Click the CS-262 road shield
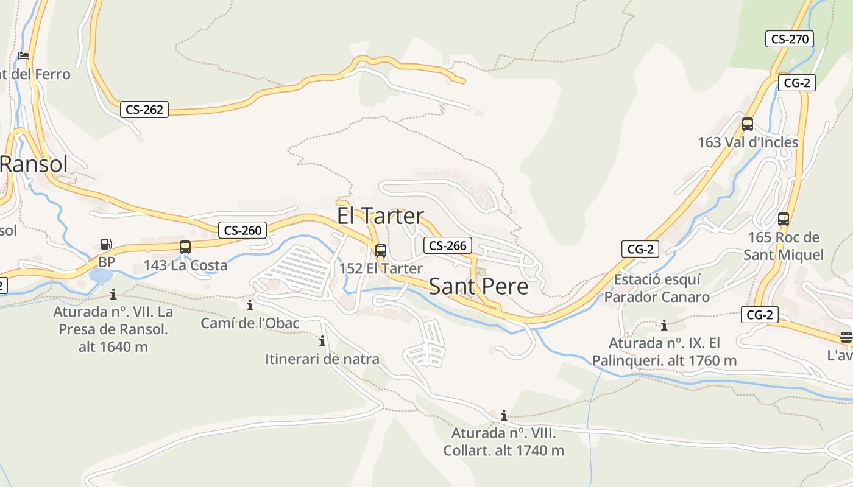[144, 110]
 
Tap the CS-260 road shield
[242, 230]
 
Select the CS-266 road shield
[448, 245]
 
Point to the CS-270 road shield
[790, 40]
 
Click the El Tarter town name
[380, 216]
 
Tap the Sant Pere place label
[478, 286]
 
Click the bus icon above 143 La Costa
[185, 247]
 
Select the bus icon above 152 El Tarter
[381, 250]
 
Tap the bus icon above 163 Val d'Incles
[748, 124]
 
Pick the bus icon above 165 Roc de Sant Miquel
[784, 219]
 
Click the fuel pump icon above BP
[106, 244]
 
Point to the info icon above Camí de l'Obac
[250, 305]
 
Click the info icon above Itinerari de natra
[322, 342]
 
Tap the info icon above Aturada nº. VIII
[504, 416]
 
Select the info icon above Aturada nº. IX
[664, 325]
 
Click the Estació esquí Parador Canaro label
[657, 289]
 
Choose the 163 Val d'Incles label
[748, 142]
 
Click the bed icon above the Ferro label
[24, 56]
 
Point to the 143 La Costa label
[185, 265]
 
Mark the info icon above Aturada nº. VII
[113, 295]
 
